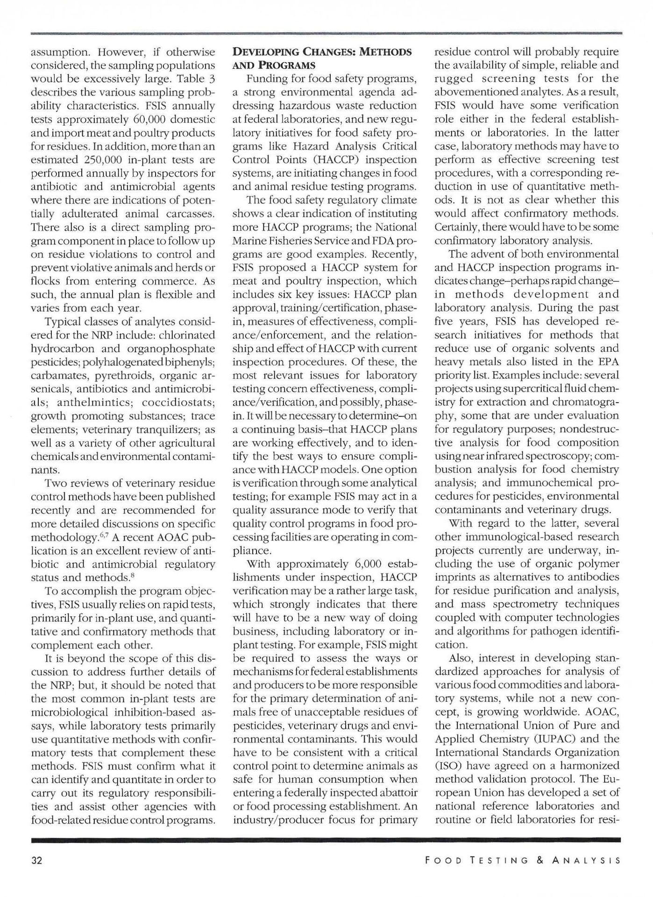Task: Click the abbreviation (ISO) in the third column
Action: [448, 766]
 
